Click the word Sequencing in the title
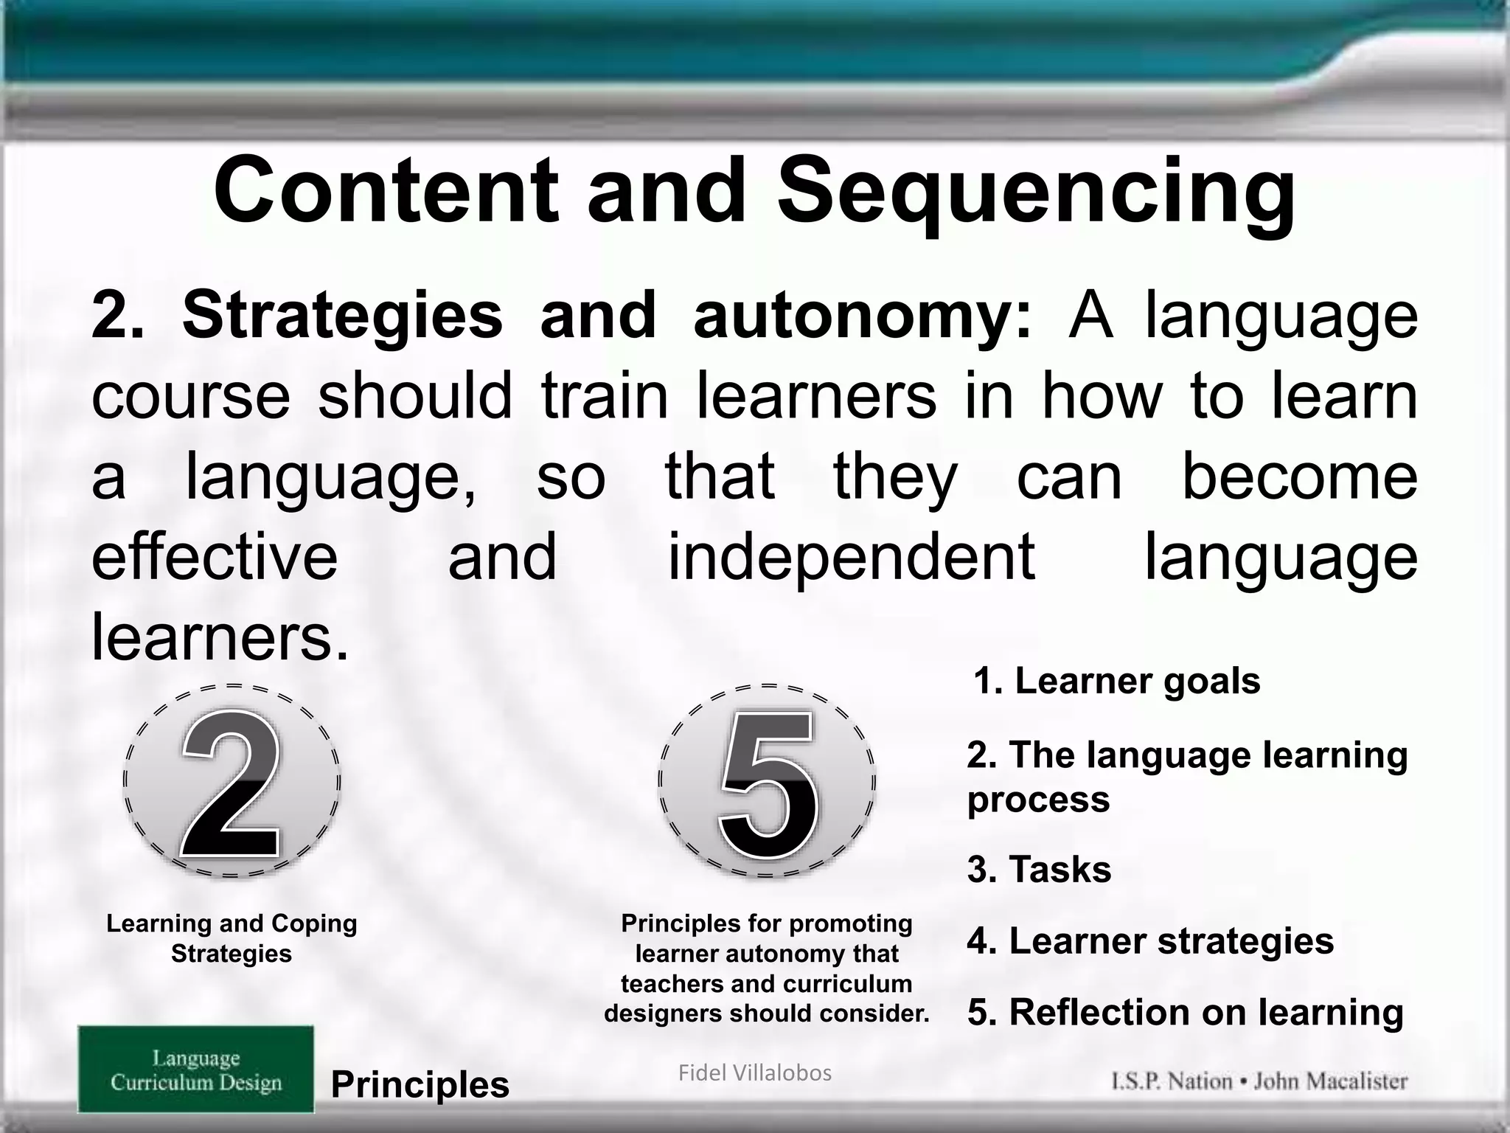[1036, 193]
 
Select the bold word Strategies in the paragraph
[342, 316]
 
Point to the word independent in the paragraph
[851, 556]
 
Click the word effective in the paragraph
[215, 556]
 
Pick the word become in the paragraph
[1299, 476]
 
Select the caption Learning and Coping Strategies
[232, 938]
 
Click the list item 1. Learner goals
[1116, 681]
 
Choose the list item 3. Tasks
[1039, 870]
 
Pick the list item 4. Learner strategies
[1150, 941]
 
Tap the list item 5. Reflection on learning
[1185, 1012]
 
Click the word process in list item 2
[1038, 800]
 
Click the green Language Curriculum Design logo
[196, 1069]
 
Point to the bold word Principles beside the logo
[420, 1084]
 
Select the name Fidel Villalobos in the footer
[754, 1073]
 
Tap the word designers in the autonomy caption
[663, 1014]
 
